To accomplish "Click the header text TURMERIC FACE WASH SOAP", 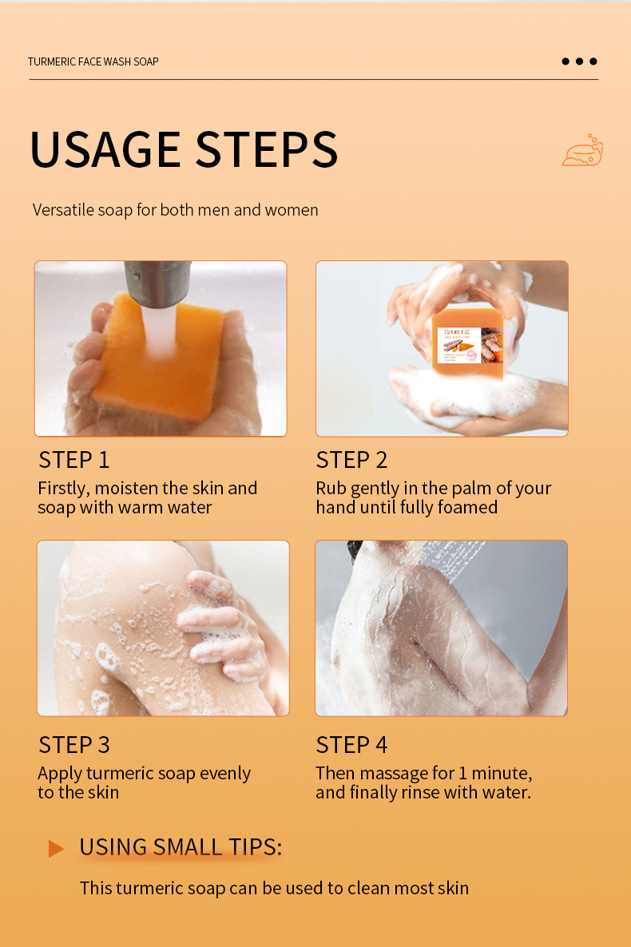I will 93,61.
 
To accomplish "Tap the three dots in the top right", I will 579,61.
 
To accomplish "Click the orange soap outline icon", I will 582,151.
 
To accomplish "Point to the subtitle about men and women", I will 175,210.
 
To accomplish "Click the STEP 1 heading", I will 73,460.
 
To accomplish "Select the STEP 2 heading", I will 351,460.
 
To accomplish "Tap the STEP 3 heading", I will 73,744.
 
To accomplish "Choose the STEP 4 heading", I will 351,744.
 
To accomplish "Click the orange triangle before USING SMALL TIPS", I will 55,848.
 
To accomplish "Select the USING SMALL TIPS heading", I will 181,847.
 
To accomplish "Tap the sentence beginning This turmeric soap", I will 274,888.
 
